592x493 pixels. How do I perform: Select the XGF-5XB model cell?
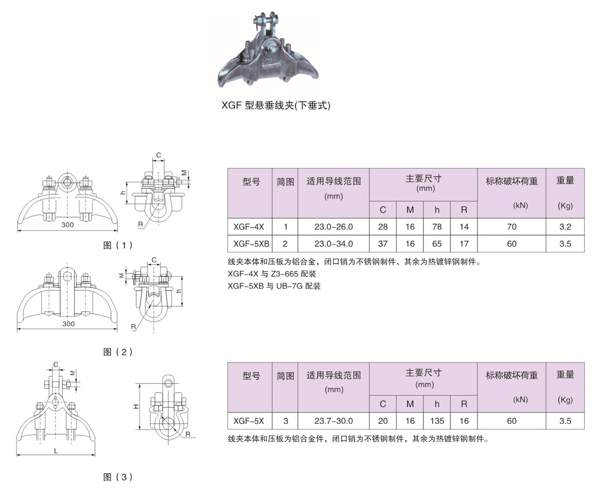click(250, 244)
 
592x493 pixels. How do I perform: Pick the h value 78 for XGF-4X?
click(437, 227)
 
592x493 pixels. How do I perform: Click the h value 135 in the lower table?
click(437, 421)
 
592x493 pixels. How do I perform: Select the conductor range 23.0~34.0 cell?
click(334, 244)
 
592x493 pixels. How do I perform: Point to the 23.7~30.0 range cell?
click(334, 421)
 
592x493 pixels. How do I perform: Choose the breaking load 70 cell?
click(511, 227)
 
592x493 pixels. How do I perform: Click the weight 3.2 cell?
click(565, 227)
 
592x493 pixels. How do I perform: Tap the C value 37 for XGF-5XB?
click(383, 244)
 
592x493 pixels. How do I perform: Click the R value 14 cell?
click(464, 227)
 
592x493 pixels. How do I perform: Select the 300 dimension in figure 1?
click(68, 225)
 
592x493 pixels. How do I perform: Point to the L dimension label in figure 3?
click(56, 451)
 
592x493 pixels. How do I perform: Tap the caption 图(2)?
click(118, 352)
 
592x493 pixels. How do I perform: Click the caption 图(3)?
click(118, 477)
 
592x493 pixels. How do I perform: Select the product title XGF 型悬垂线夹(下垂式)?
click(276, 105)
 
